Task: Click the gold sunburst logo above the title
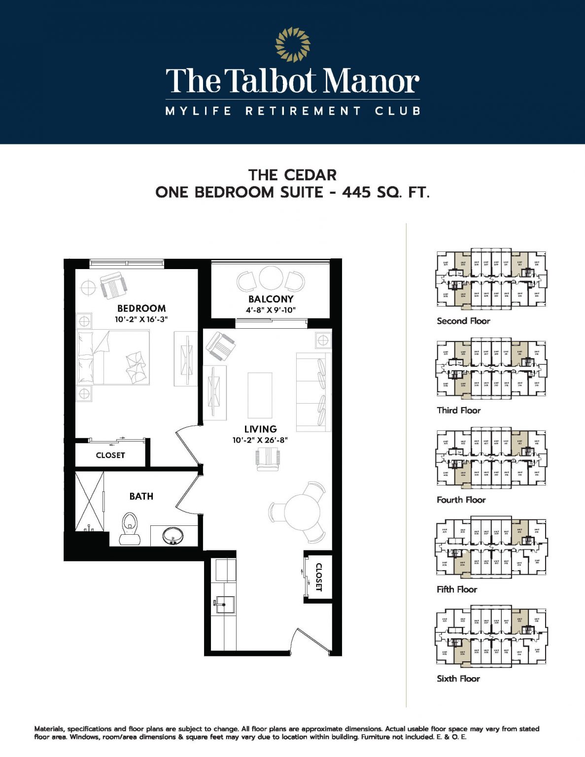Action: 293,44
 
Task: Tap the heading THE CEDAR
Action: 292,175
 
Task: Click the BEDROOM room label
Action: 141,309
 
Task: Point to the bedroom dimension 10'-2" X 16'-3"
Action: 141,319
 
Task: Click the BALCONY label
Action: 271,299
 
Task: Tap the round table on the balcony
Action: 271,278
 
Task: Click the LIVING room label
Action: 260,429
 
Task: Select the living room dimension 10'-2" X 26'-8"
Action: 260,440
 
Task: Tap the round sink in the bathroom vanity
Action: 172,535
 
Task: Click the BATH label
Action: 141,496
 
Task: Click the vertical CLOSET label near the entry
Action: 318,577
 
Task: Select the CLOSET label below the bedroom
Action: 110,455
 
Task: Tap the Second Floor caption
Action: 463,321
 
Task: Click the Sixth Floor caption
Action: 458,679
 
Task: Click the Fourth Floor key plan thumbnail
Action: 491,458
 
